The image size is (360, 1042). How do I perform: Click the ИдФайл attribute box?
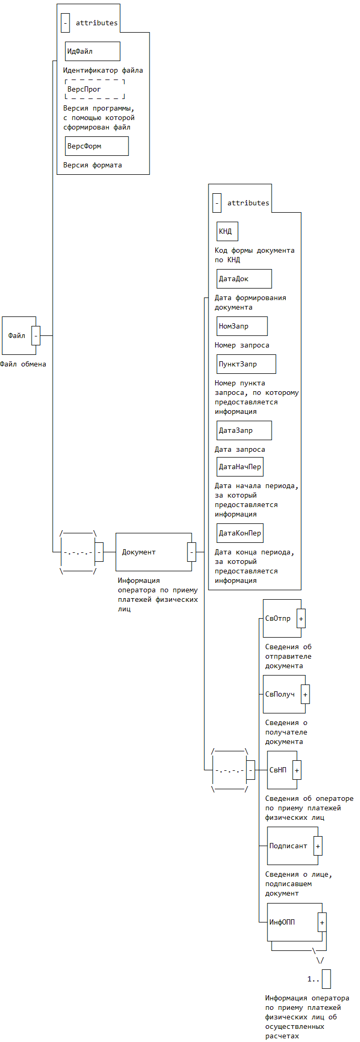(93, 52)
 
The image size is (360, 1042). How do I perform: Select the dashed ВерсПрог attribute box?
(95, 90)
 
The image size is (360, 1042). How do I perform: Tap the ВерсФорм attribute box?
(97, 146)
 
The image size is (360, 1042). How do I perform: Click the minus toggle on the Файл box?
(36, 336)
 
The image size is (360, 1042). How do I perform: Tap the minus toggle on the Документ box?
(192, 552)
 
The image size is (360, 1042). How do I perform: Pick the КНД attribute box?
(227, 232)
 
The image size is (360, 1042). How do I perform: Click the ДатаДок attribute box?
(244, 279)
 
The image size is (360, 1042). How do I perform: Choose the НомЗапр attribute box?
(242, 326)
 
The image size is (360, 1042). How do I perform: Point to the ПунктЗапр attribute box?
(246, 364)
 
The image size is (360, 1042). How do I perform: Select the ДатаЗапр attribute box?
(244, 431)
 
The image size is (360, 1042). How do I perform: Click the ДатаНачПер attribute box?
(240, 467)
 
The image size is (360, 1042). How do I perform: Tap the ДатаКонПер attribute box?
(240, 533)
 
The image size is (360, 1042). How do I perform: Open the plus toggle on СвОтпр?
(301, 619)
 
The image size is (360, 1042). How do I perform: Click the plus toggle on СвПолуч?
(305, 694)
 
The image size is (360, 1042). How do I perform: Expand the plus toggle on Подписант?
(318, 846)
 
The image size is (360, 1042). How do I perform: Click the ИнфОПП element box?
(293, 922)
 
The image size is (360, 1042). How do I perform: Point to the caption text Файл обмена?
(23, 364)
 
